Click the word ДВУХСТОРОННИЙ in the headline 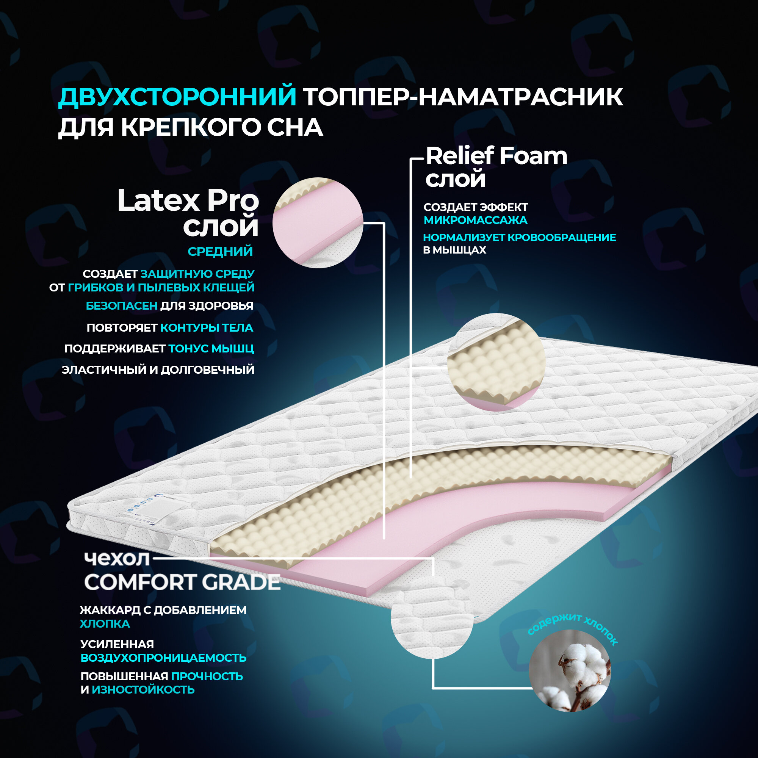pos(177,97)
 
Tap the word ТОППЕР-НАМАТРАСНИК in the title pos(463,97)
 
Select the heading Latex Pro pos(188,200)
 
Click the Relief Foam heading pos(496,156)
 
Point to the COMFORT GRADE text pos(182,582)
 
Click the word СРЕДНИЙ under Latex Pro pos(220,252)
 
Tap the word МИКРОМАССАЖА pos(476,221)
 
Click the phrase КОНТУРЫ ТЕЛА pos(207,327)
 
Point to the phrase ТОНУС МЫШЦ pos(211,348)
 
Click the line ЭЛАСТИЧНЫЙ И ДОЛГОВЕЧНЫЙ pos(158,370)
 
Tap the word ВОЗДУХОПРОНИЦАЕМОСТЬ pos(164,658)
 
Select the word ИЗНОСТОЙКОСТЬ pos(143,689)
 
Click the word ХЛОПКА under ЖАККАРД pos(105,624)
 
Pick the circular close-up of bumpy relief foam pos(496,362)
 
